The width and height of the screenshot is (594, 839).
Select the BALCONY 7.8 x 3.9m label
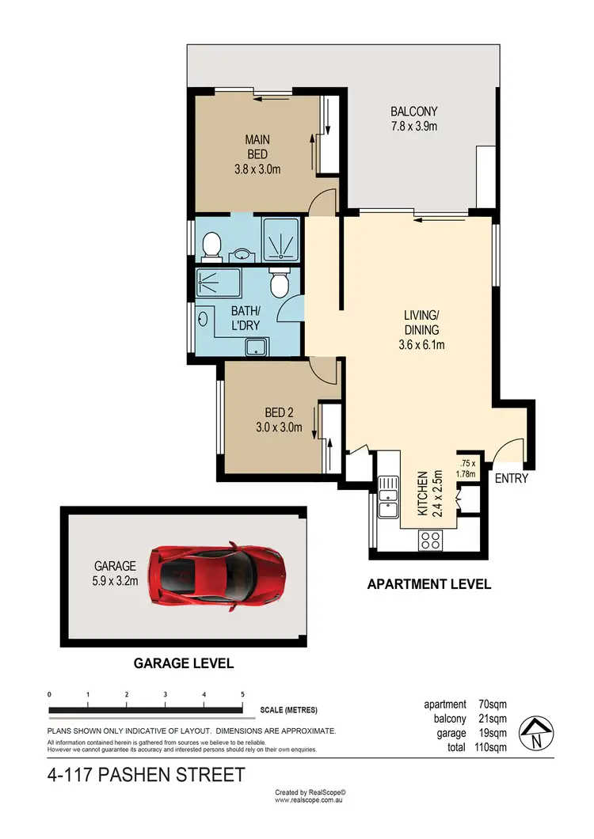point(413,119)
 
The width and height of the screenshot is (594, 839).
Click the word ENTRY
point(511,479)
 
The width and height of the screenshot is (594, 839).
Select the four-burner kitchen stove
point(429,540)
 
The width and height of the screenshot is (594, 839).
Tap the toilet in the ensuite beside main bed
point(211,246)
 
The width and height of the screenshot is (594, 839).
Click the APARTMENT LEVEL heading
point(428,585)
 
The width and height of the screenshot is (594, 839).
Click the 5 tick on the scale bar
point(242,694)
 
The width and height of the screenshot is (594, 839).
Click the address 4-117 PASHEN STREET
point(146,774)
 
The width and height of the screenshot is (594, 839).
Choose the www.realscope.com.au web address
point(310,800)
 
